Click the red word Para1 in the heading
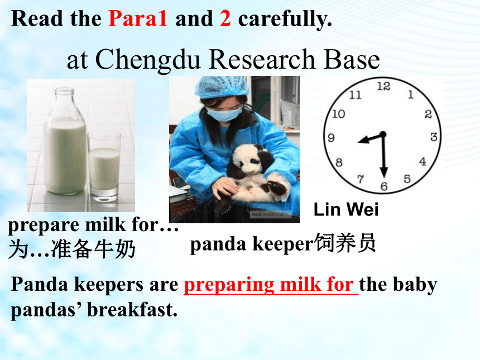point(138,18)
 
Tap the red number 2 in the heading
point(225,18)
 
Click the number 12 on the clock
point(383,87)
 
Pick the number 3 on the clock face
point(434,137)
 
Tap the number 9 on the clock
point(331,138)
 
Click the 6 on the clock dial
point(384,186)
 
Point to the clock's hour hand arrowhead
point(363,141)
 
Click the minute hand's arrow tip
point(384,177)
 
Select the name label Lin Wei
point(346,210)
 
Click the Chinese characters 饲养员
point(345,243)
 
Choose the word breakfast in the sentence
point(132,310)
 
